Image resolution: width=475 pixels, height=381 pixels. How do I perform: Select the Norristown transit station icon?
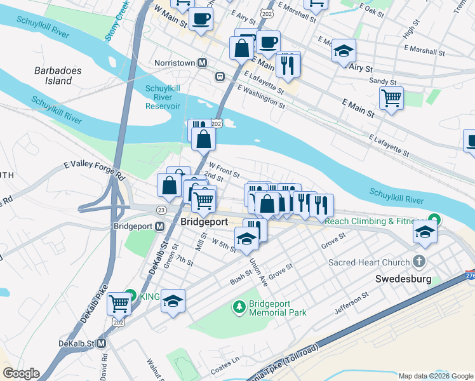click(203, 63)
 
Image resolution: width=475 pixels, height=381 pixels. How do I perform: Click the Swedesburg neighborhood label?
click(403, 279)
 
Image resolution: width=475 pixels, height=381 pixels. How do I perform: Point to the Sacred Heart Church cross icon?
click(418, 262)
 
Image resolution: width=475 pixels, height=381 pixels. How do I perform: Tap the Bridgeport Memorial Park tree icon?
click(239, 307)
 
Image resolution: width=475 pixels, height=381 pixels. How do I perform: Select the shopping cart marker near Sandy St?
click(391, 98)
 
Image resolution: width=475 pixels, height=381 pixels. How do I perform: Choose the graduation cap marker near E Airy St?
click(344, 50)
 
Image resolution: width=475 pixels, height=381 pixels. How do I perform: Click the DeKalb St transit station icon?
click(101, 343)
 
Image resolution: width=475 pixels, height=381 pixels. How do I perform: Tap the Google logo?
click(21, 373)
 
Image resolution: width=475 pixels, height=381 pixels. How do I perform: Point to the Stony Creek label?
click(117, 20)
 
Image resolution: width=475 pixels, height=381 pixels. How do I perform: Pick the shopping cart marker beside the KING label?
click(119, 304)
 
